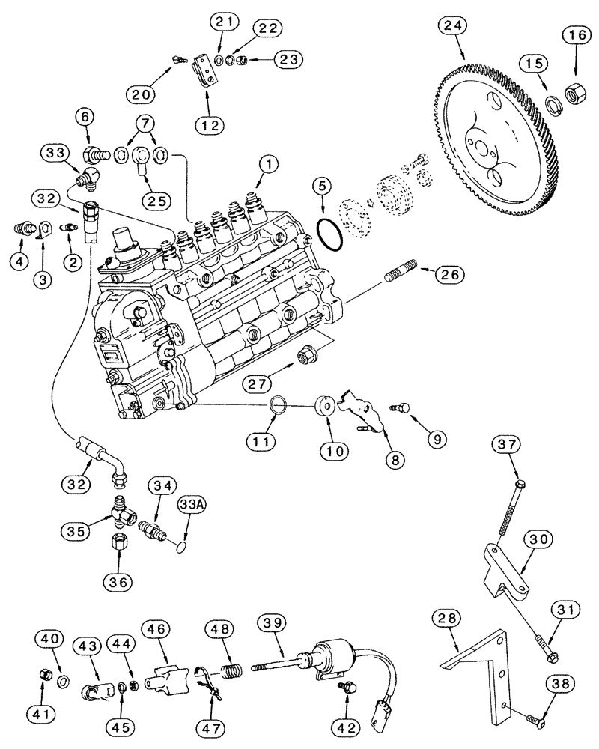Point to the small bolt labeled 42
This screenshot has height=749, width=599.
(x=347, y=689)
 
